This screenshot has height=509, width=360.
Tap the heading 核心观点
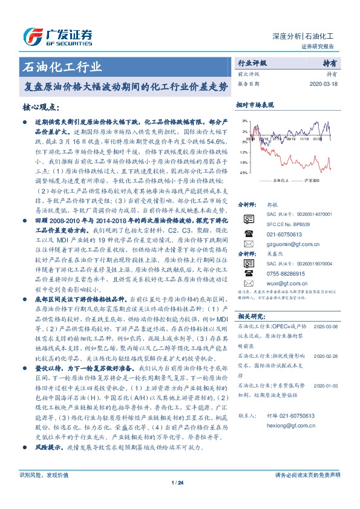[x=40, y=107]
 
